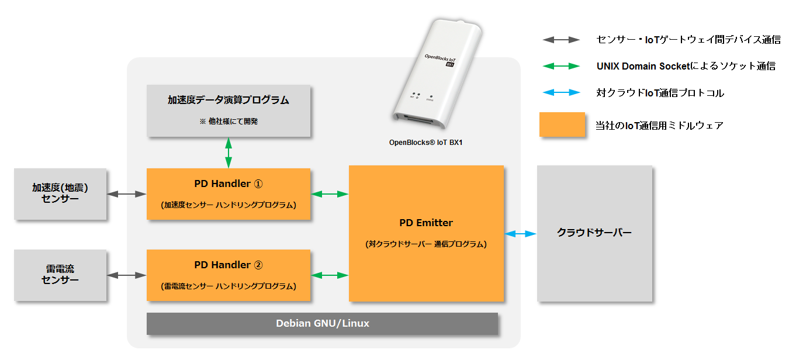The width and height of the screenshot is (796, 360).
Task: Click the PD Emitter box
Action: point(426,233)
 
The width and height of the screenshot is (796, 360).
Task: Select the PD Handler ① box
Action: point(229,194)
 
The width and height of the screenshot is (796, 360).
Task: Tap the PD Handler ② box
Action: point(229,275)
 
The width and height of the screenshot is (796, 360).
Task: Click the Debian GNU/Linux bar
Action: point(322,323)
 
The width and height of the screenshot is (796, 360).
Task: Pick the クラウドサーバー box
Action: point(594,233)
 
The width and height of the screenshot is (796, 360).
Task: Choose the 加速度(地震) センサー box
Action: point(60,194)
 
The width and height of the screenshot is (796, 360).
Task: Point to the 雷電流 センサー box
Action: point(60,275)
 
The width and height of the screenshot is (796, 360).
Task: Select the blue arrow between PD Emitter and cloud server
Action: point(520,234)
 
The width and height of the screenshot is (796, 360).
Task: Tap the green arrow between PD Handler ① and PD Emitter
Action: point(330,194)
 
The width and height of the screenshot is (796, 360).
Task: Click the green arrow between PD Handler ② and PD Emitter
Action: point(330,275)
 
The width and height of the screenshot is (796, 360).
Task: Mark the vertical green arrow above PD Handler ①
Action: point(229,153)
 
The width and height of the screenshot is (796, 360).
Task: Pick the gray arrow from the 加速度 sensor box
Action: point(126,194)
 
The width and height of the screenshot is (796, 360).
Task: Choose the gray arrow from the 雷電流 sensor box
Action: point(126,275)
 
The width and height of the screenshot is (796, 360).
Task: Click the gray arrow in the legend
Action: point(561,40)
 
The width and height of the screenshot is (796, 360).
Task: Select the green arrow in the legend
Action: point(561,67)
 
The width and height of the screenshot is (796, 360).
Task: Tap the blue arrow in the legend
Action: point(561,93)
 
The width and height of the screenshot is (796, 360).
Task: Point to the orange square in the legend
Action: point(562,124)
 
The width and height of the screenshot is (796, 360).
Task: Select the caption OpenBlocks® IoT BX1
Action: point(430,142)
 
